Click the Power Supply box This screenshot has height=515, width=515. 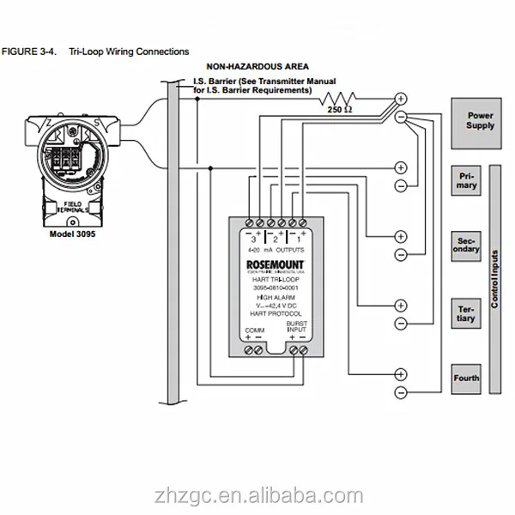480,119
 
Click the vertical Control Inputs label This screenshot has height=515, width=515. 495,279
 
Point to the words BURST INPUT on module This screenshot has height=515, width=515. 297,326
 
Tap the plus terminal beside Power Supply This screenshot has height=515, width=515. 400,99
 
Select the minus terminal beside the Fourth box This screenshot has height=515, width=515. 400,392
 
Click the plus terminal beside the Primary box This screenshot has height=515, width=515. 400,167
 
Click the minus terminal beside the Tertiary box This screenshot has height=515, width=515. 400,324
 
